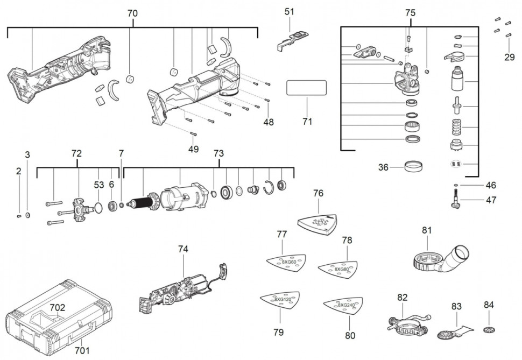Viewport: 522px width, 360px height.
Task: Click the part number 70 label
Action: click(132, 12)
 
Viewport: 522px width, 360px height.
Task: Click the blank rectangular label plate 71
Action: click(306, 88)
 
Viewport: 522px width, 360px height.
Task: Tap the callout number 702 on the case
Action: click(58, 308)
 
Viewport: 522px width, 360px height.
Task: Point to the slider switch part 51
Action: click(294, 38)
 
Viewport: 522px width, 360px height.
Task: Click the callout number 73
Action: click(218, 153)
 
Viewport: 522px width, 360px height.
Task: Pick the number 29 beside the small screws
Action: click(509, 57)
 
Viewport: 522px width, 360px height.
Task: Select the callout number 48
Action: click(269, 122)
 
